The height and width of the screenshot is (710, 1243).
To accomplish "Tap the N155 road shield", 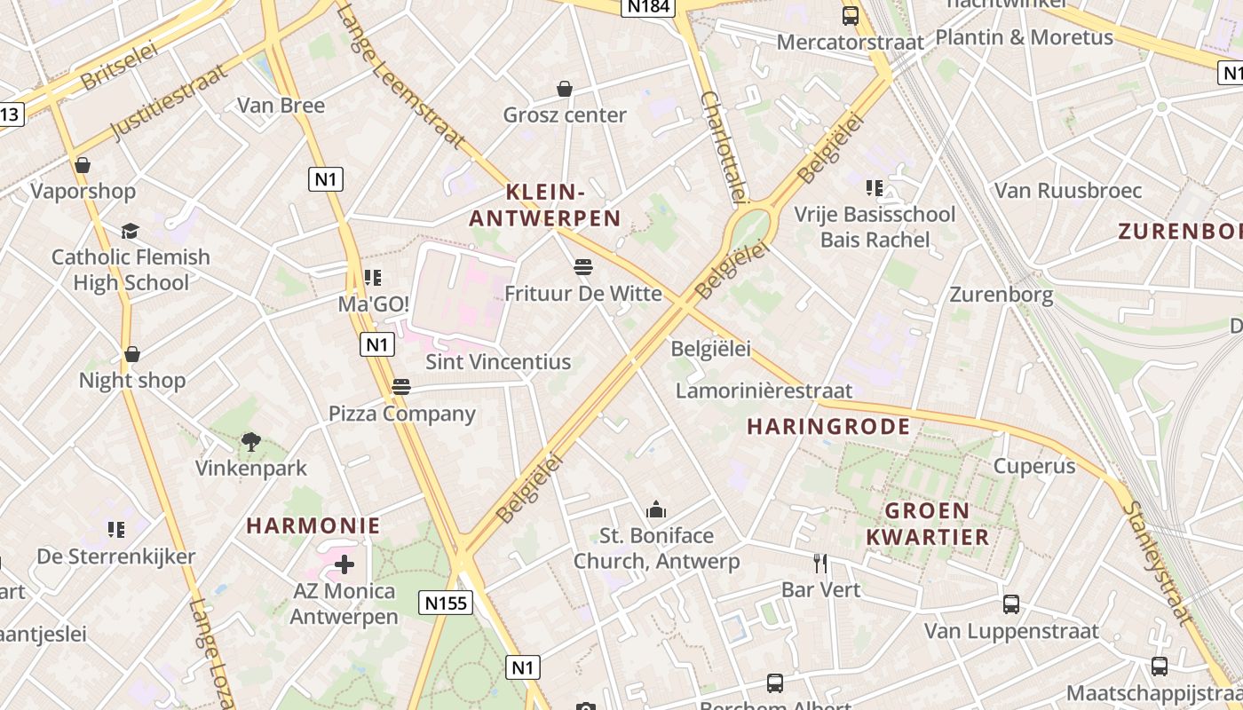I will click(446, 603).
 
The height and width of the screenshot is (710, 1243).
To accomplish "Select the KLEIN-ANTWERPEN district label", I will click(545, 205).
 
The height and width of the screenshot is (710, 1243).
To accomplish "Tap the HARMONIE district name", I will click(313, 525).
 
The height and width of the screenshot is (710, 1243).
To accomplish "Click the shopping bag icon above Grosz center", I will click(565, 89).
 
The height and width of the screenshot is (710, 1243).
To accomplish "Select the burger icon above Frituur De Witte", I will click(583, 266).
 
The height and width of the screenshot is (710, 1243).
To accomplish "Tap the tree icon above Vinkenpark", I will click(251, 441).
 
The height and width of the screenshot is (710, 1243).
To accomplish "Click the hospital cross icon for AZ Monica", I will click(344, 564).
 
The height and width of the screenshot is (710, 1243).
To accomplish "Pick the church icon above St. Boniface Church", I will click(656, 509).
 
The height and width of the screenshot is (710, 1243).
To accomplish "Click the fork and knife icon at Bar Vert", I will click(821, 563).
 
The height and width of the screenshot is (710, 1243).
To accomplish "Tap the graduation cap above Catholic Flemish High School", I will click(131, 232).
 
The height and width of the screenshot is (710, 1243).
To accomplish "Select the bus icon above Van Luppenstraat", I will click(1011, 604).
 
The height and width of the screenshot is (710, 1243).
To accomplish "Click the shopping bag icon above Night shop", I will click(132, 354).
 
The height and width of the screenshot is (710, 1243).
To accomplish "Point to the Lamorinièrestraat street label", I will click(764, 390).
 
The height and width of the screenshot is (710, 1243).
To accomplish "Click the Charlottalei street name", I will click(724, 146).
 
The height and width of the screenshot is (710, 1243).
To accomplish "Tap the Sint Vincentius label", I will click(498, 362).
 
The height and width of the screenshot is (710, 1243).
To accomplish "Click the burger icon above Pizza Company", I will click(401, 387).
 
